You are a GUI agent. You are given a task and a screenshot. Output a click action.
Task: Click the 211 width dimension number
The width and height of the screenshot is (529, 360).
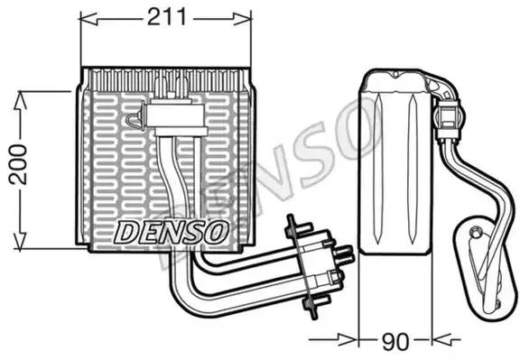pos(166,17)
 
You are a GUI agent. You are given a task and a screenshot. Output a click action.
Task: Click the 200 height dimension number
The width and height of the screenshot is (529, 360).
pos(18,164)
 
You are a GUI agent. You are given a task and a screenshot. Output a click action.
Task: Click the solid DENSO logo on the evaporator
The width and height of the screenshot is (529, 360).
pos(170,232)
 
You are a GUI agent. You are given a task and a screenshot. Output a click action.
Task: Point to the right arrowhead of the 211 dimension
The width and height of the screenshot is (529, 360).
pos(242,19)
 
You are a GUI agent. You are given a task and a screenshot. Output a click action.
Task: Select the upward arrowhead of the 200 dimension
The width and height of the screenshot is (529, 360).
pos(20,100)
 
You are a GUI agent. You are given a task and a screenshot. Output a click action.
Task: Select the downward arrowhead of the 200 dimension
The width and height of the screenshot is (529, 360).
pos(20,241)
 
